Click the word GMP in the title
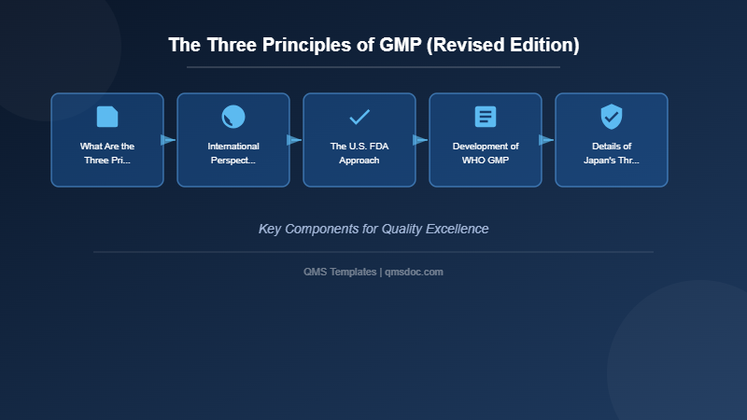click(399, 45)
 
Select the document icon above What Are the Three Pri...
click(107, 117)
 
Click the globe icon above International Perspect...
click(233, 117)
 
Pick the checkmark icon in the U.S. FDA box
click(359, 117)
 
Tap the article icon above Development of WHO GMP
click(486, 117)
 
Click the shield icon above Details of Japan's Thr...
click(612, 117)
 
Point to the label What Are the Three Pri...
click(107, 153)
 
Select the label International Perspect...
click(233, 153)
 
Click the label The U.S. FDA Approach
click(359, 153)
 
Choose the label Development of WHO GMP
click(486, 153)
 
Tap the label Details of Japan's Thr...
click(612, 153)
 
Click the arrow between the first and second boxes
click(168, 140)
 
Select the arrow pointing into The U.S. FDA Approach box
click(294, 140)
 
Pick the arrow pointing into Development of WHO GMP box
click(420, 140)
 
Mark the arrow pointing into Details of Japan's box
click(546, 140)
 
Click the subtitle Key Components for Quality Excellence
click(373, 229)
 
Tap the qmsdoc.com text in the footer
click(415, 272)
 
